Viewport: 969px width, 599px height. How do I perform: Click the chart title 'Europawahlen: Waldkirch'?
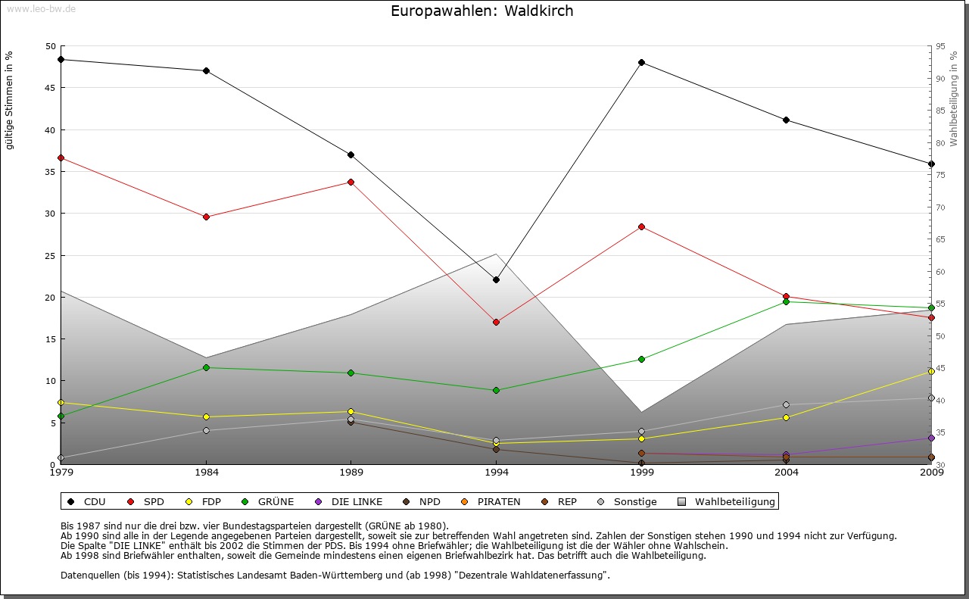[481, 11]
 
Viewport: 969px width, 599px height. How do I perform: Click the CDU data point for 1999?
[641, 62]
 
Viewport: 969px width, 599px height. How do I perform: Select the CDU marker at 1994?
[496, 279]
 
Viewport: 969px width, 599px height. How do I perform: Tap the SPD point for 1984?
[206, 217]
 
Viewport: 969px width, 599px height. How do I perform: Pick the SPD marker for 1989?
[351, 182]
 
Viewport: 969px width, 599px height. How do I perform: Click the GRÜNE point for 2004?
[787, 301]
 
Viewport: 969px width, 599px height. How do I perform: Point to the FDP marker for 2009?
[931, 371]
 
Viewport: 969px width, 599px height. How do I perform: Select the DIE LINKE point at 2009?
[931, 438]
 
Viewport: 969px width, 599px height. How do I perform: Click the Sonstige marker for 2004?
[787, 404]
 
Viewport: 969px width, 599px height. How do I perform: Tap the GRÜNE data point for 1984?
[206, 367]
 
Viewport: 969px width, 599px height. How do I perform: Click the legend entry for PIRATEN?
[491, 501]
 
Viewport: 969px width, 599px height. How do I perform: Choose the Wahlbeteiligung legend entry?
[727, 501]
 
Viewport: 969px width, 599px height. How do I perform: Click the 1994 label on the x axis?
[497, 473]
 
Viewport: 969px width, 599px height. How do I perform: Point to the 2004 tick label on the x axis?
[787, 473]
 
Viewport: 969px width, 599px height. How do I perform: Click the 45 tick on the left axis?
[51, 88]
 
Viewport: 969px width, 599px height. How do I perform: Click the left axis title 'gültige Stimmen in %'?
[10, 100]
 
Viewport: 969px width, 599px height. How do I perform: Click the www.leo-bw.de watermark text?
[41, 8]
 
